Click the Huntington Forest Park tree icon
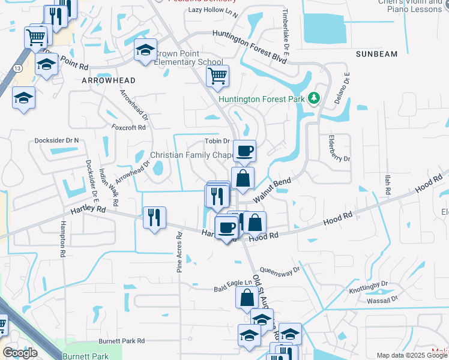pyautogui.click(x=313, y=98)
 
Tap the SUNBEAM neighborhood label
pyautogui.click(x=376, y=54)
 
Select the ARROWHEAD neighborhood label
pyautogui.click(x=109, y=80)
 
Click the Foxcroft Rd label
pyautogui.click(x=128, y=127)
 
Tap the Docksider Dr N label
pyautogui.click(x=56, y=140)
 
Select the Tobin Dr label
pyautogui.click(x=218, y=142)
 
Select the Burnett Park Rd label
pyautogui.click(x=122, y=341)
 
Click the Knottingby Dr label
pyautogui.click(x=369, y=287)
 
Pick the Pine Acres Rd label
pyautogui.click(x=179, y=253)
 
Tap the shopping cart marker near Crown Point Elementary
pyautogui.click(x=217, y=76)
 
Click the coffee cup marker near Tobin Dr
pyautogui.click(x=244, y=151)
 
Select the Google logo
pyautogui.click(x=20, y=353)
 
